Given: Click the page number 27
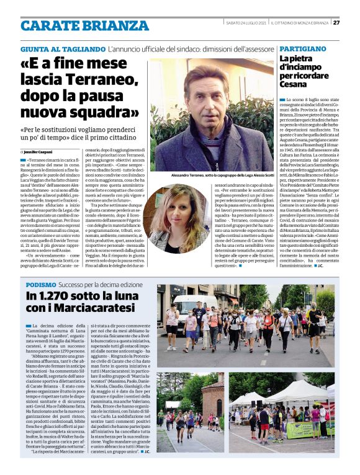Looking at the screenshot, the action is (x=336, y=24).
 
